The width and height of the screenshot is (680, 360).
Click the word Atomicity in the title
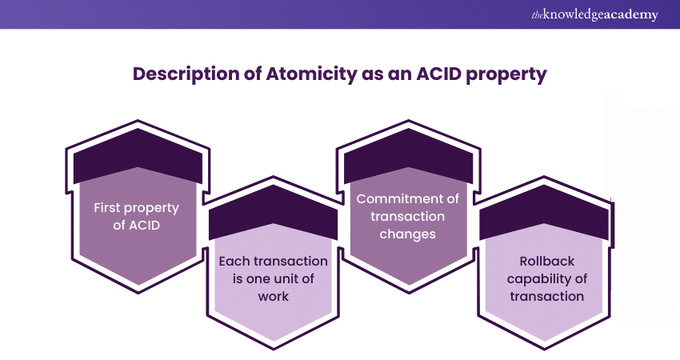tap(311, 74)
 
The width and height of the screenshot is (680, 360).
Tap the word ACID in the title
tap(438, 74)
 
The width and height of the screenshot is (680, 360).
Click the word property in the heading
tap(506, 75)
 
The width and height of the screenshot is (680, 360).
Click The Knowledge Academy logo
tap(594, 14)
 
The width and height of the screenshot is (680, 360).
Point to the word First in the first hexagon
tap(107, 207)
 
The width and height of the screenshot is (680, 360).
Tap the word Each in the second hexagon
tap(234, 261)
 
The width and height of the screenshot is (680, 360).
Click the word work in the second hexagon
tap(274, 296)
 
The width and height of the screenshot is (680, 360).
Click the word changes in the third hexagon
tap(408, 234)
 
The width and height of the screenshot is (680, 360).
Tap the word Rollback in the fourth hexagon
tap(547, 261)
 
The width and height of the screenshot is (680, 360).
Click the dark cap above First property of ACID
tap(138, 156)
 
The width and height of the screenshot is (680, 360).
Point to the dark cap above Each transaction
tap(274, 213)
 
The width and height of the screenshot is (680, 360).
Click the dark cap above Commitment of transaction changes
tap(408, 156)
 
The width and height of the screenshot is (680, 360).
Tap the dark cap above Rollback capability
tap(544, 212)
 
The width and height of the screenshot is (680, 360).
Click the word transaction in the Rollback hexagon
tap(547, 296)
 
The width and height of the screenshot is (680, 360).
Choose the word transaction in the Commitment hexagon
tap(408, 217)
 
